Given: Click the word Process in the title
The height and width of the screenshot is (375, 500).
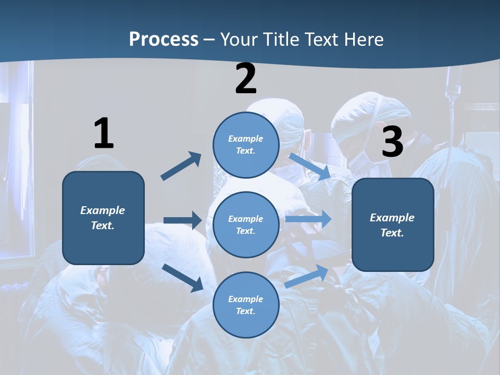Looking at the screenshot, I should click(x=164, y=40).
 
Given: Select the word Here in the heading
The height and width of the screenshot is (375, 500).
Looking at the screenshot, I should click(x=364, y=40).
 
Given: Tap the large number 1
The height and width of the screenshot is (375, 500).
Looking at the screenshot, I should click(x=103, y=134).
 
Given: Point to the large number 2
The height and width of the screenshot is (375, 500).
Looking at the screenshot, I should click(x=246, y=79).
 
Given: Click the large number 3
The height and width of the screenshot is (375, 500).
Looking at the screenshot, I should click(x=392, y=142).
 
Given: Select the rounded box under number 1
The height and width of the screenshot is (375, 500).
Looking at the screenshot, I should click(x=103, y=218).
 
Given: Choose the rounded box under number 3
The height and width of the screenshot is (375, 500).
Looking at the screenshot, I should click(x=393, y=225).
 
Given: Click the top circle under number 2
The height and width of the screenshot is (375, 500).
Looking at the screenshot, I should click(x=246, y=145).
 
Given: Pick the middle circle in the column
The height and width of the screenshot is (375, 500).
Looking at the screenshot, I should click(x=246, y=225).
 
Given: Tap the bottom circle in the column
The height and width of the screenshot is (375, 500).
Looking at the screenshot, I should click(x=246, y=305).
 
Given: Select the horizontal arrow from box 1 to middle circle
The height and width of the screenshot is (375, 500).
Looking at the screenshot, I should click(x=182, y=220).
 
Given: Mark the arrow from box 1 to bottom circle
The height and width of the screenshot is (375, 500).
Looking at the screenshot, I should click(x=182, y=278).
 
